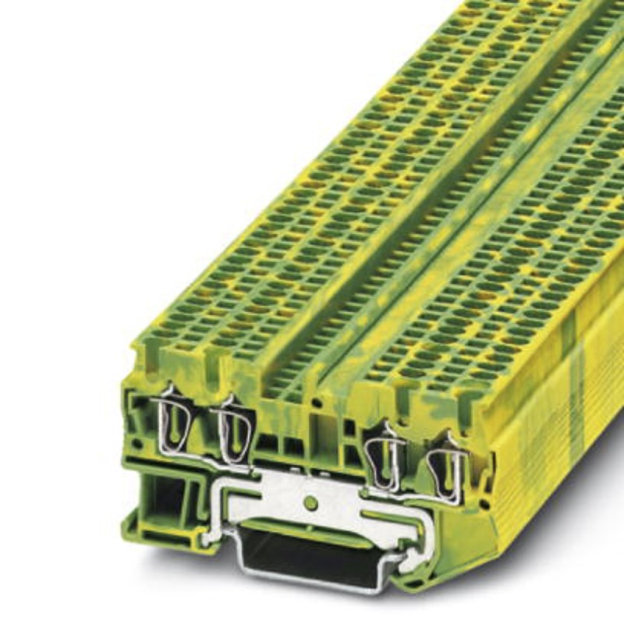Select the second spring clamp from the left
click(233, 430)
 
